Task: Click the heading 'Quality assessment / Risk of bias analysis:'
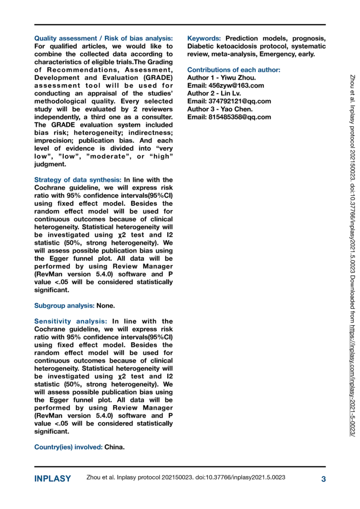click(104, 38)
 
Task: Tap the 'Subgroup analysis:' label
click(64, 306)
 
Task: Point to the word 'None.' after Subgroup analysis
click(105, 306)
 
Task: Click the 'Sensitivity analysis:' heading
click(71, 322)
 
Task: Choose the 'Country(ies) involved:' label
click(68, 447)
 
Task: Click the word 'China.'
click(114, 447)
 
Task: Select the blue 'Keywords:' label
click(204, 38)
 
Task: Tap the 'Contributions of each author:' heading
click(233, 70)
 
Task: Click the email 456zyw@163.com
click(225, 86)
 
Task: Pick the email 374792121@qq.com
click(229, 101)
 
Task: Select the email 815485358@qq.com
click(229, 117)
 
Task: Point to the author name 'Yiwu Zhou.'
click(238, 78)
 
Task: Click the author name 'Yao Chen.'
click(238, 109)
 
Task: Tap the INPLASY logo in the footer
click(52, 479)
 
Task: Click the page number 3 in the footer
click(323, 479)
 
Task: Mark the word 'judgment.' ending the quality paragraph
click(50, 164)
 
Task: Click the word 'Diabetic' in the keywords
click(202, 46)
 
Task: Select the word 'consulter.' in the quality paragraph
click(156, 117)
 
